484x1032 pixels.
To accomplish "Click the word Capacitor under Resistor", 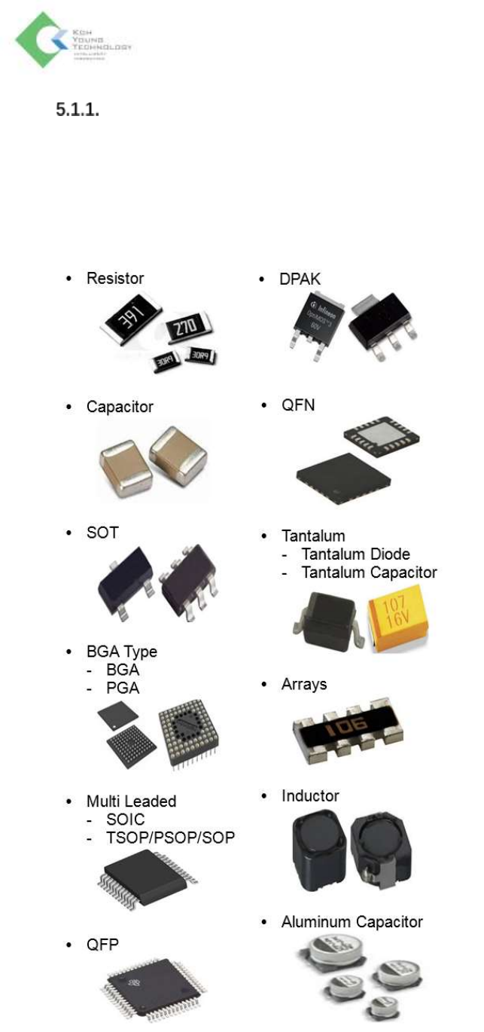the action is pyautogui.click(x=120, y=407).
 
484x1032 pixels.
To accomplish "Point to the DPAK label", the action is pyautogui.click(x=300, y=279).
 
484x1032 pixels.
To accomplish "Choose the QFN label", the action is pyautogui.click(x=298, y=406).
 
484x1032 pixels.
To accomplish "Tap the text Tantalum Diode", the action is pyautogui.click(x=355, y=554).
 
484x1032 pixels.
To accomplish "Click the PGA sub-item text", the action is pyautogui.click(x=123, y=688).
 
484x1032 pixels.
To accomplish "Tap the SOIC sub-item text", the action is pyautogui.click(x=125, y=820).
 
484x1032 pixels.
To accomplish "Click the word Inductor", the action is pyautogui.click(x=310, y=795).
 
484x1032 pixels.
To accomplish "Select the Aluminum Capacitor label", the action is pyautogui.click(x=352, y=922).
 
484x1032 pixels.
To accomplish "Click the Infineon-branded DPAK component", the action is pyautogui.click(x=316, y=325).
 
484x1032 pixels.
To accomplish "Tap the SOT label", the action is pyautogui.click(x=102, y=533).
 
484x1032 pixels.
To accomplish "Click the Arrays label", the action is pyautogui.click(x=304, y=684).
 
